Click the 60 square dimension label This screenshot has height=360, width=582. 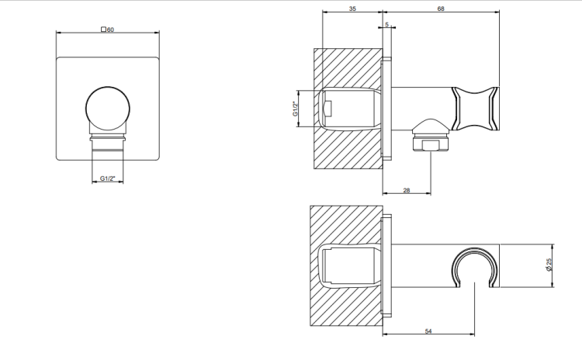(x=108, y=29)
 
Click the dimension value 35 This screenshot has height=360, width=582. (x=352, y=9)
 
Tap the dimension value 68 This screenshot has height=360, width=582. (x=441, y=9)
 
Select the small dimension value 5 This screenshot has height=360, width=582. (x=386, y=25)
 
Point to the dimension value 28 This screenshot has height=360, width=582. (x=407, y=190)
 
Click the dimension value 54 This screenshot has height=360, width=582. (x=428, y=331)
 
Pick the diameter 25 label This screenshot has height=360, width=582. (x=549, y=265)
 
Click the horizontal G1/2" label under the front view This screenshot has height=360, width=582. (x=107, y=178)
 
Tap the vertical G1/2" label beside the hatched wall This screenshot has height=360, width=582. (x=296, y=109)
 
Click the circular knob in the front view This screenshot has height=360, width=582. (x=108, y=109)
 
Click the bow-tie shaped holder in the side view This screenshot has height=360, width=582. (x=475, y=109)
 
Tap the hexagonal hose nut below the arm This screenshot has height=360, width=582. (x=431, y=144)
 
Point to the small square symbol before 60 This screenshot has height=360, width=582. (x=103, y=29)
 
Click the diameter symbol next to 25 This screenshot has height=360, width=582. (x=549, y=268)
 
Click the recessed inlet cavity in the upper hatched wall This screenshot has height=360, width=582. (x=350, y=109)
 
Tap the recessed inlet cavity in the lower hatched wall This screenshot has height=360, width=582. (x=350, y=266)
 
